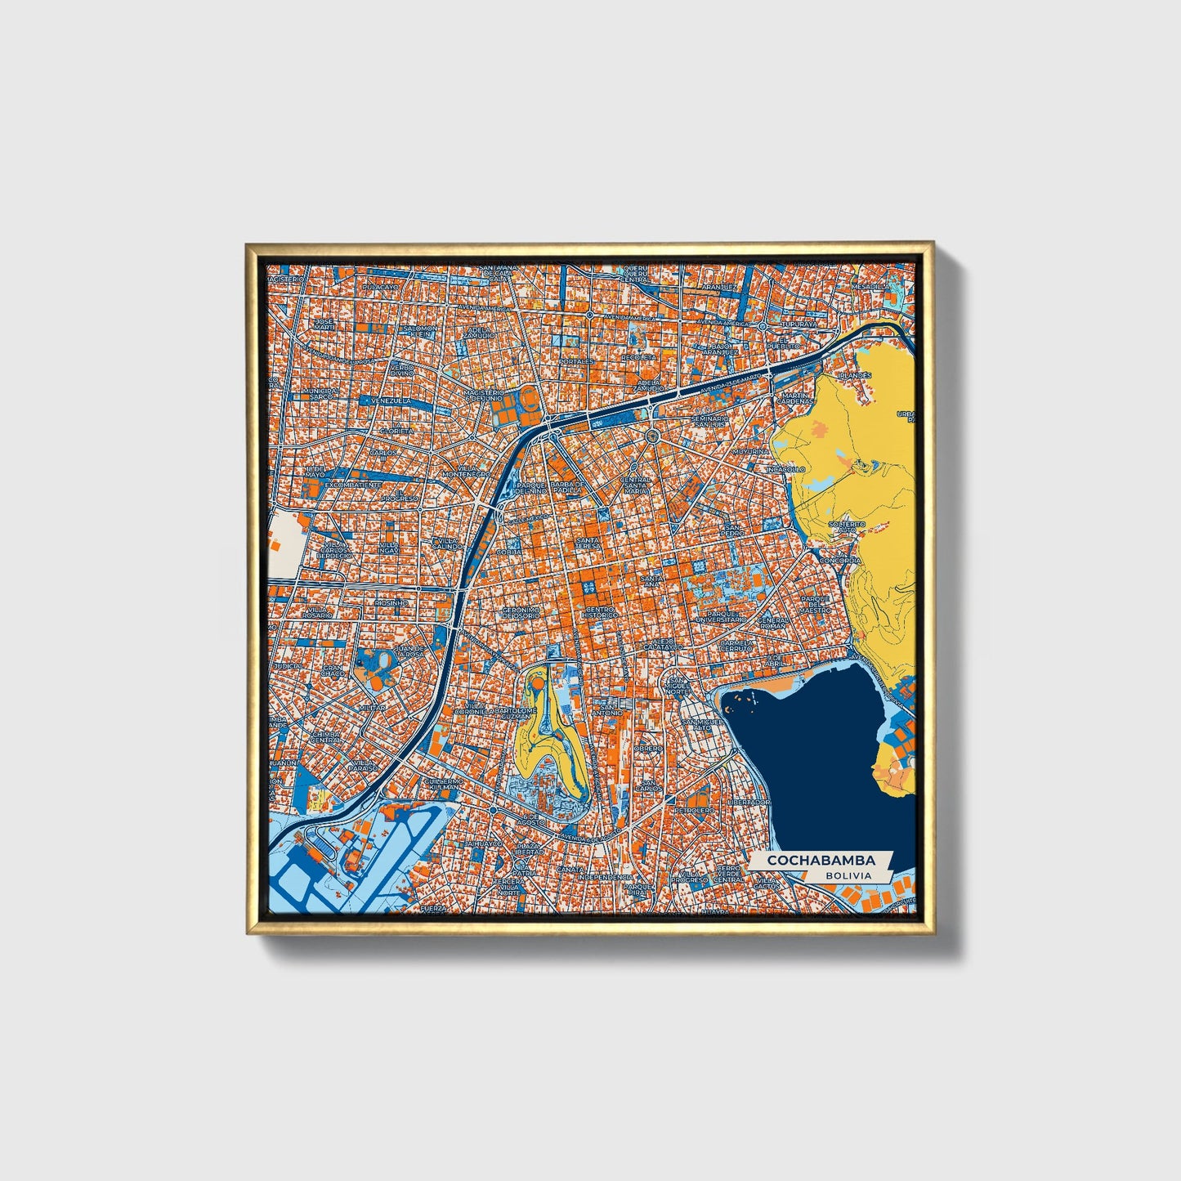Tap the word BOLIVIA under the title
848,875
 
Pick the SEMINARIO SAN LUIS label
708,422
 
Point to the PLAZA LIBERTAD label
528,848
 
